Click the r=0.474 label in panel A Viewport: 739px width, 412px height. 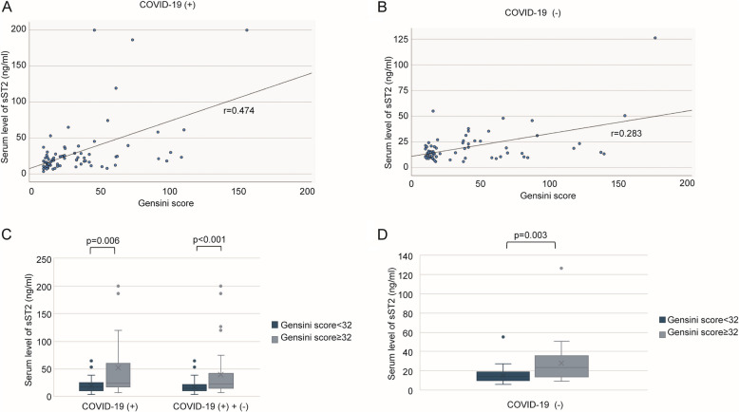click(239, 111)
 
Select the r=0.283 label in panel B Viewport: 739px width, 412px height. click(626, 134)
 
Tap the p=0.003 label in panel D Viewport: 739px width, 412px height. click(531, 234)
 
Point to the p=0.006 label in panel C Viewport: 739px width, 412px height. click(103, 240)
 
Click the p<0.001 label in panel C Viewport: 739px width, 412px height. click(209, 239)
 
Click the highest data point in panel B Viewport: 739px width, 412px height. click(655, 38)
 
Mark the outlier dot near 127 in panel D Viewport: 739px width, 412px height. click(560, 268)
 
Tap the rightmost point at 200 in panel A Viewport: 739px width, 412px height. click(246, 29)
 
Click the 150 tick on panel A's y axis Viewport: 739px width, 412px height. click(19, 66)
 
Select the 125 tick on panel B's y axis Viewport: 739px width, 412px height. click(401, 40)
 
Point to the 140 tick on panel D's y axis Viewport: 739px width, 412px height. click(406, 256)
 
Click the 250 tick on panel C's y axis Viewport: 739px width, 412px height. click(45, 259)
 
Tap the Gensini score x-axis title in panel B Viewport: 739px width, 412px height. click(548, 196)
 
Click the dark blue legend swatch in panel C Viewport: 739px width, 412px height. click(275, 325)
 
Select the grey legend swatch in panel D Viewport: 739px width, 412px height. click(662, 332)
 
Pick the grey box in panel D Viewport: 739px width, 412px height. click(560, 366)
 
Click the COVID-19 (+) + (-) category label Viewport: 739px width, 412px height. click(211, 407)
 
